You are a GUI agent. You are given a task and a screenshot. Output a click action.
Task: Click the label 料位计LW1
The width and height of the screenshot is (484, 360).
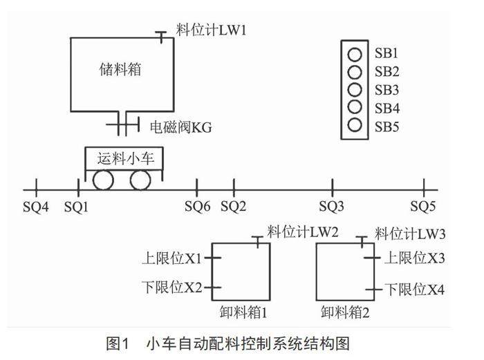tap(211, 31)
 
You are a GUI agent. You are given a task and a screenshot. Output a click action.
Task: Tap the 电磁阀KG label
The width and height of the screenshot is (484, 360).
tap(181, 127)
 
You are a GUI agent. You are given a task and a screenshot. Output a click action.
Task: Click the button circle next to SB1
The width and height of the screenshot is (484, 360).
tap(355, 54)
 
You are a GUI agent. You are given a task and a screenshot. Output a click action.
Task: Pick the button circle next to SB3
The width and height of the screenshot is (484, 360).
tap(355, 90)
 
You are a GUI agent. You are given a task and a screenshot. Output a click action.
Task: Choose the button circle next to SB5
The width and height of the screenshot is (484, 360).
tap(355, 126)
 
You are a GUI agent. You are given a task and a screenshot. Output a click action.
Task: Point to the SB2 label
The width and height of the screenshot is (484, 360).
tap(387, 72)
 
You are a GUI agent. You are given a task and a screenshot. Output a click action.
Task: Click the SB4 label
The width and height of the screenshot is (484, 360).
tap(387, 108)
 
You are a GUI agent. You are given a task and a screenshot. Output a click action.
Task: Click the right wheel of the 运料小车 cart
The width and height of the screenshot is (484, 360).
tap(140, 181)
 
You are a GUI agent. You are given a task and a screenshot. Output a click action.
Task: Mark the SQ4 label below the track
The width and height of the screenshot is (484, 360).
tap(37, 206)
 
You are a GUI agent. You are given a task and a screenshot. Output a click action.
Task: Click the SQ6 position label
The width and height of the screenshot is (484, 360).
tap(198, 206)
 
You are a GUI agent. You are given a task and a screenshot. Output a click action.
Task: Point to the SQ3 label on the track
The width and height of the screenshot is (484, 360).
tap(332, 206)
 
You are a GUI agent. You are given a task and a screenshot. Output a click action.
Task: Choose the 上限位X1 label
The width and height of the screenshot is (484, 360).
tap(172, 258)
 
